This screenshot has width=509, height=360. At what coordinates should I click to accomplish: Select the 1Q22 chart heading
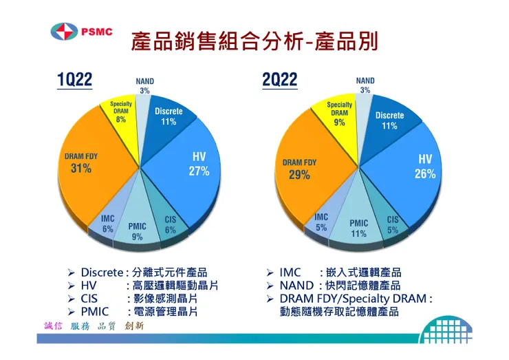(x=74, y=80)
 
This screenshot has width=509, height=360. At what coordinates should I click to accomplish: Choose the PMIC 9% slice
(x=138, y=231)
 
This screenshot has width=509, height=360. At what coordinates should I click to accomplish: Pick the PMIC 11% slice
(x=358, y=228)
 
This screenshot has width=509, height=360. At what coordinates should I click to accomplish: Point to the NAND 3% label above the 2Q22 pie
(x=365, y=85)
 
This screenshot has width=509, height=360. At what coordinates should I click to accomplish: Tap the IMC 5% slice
(x=322, y=222)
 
